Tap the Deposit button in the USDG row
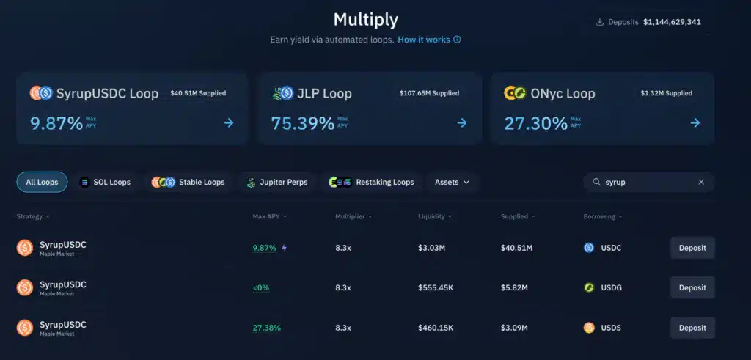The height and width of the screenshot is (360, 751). click(x=692, y=287)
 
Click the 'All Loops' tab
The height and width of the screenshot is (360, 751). click(x=42, y=182)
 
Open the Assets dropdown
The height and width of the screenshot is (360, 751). click(x=452, y=182)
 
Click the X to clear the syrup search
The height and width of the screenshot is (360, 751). click(x=700, y=182)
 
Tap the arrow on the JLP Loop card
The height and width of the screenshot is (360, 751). click(x=461, y=122)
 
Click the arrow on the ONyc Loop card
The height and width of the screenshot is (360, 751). click(x=695, y=122)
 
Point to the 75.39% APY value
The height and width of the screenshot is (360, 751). click(x=302, y=123)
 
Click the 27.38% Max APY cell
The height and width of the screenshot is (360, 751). click(x=267, y=328)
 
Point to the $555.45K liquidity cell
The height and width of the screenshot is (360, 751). click(x=436, y=287)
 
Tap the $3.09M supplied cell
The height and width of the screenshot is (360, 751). click(x=514, y=328)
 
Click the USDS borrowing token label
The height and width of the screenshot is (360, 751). click(x=610, y=328)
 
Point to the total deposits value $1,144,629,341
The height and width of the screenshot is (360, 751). click(x=672, y=22)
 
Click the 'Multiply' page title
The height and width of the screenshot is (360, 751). click(x=366, y=19)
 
